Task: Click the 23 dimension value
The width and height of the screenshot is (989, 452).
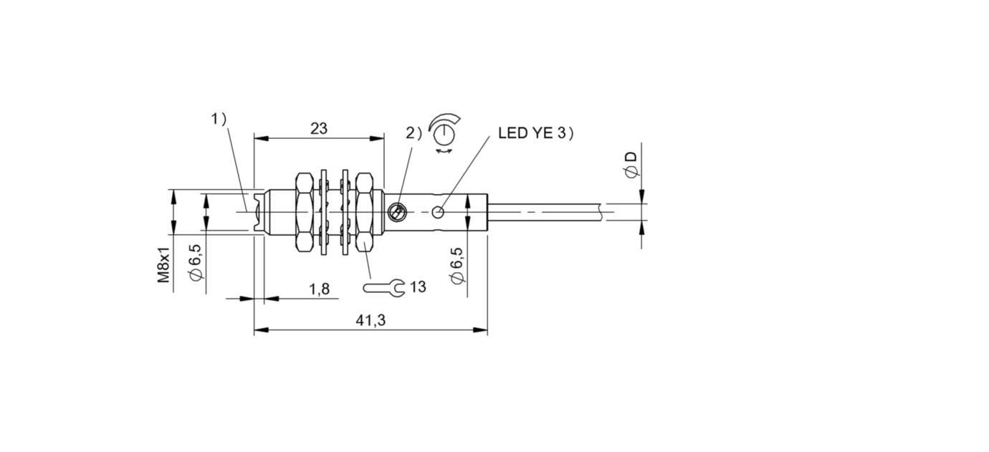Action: [x=319, y=129]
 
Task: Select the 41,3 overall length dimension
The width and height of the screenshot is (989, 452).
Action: [x=371, y=320]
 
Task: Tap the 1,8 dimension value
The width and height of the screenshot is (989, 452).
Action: [x=319, y=289]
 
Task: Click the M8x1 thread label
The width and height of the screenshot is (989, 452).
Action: [x=164, y=265]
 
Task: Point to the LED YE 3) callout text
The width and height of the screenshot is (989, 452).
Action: [x=536, y=133]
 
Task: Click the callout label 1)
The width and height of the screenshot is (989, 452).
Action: [x=219, y=119]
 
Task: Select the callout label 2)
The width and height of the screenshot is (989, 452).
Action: [x=414, y=133]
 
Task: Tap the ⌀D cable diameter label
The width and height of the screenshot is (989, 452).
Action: [x=631, y=165]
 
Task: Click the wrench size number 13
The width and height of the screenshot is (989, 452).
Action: [x=418, y=287]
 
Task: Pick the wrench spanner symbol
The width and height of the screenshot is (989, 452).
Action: [x=383, y=288]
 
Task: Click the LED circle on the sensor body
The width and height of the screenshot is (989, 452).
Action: [x=438, y=212]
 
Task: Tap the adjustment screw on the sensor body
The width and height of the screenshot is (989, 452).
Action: [x=397, y=212]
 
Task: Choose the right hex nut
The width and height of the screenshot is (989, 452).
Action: [x=364, y=212]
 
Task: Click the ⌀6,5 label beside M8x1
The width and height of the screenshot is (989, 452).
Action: [x=196, y=261]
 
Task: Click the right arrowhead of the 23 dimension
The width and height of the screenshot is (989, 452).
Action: [x=377, y=138]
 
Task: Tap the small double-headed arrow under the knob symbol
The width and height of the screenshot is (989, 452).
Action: [x=444, y=151]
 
